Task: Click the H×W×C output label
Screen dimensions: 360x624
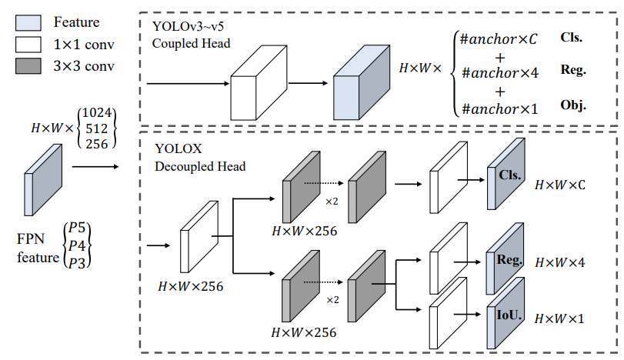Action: (x=560, y=185)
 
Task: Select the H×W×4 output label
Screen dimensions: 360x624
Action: (x=560, y=262)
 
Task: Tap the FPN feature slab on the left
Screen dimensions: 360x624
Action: (x=45, y=179)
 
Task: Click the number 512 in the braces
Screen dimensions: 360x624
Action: (x=96, y=129)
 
